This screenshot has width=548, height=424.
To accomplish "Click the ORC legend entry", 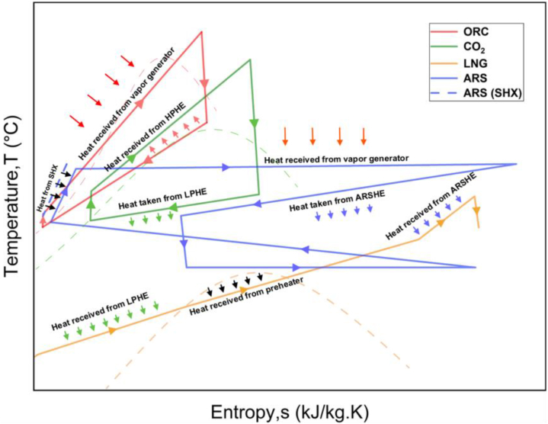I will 473,32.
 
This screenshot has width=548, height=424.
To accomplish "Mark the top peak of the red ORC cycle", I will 201,32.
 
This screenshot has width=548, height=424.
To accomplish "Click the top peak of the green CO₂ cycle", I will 250,59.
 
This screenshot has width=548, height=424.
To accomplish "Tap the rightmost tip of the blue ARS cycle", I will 517,164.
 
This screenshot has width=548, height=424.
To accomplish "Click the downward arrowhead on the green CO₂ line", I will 254,123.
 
